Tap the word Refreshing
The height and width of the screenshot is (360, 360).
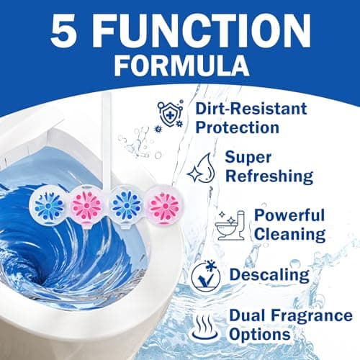(269, 176)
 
